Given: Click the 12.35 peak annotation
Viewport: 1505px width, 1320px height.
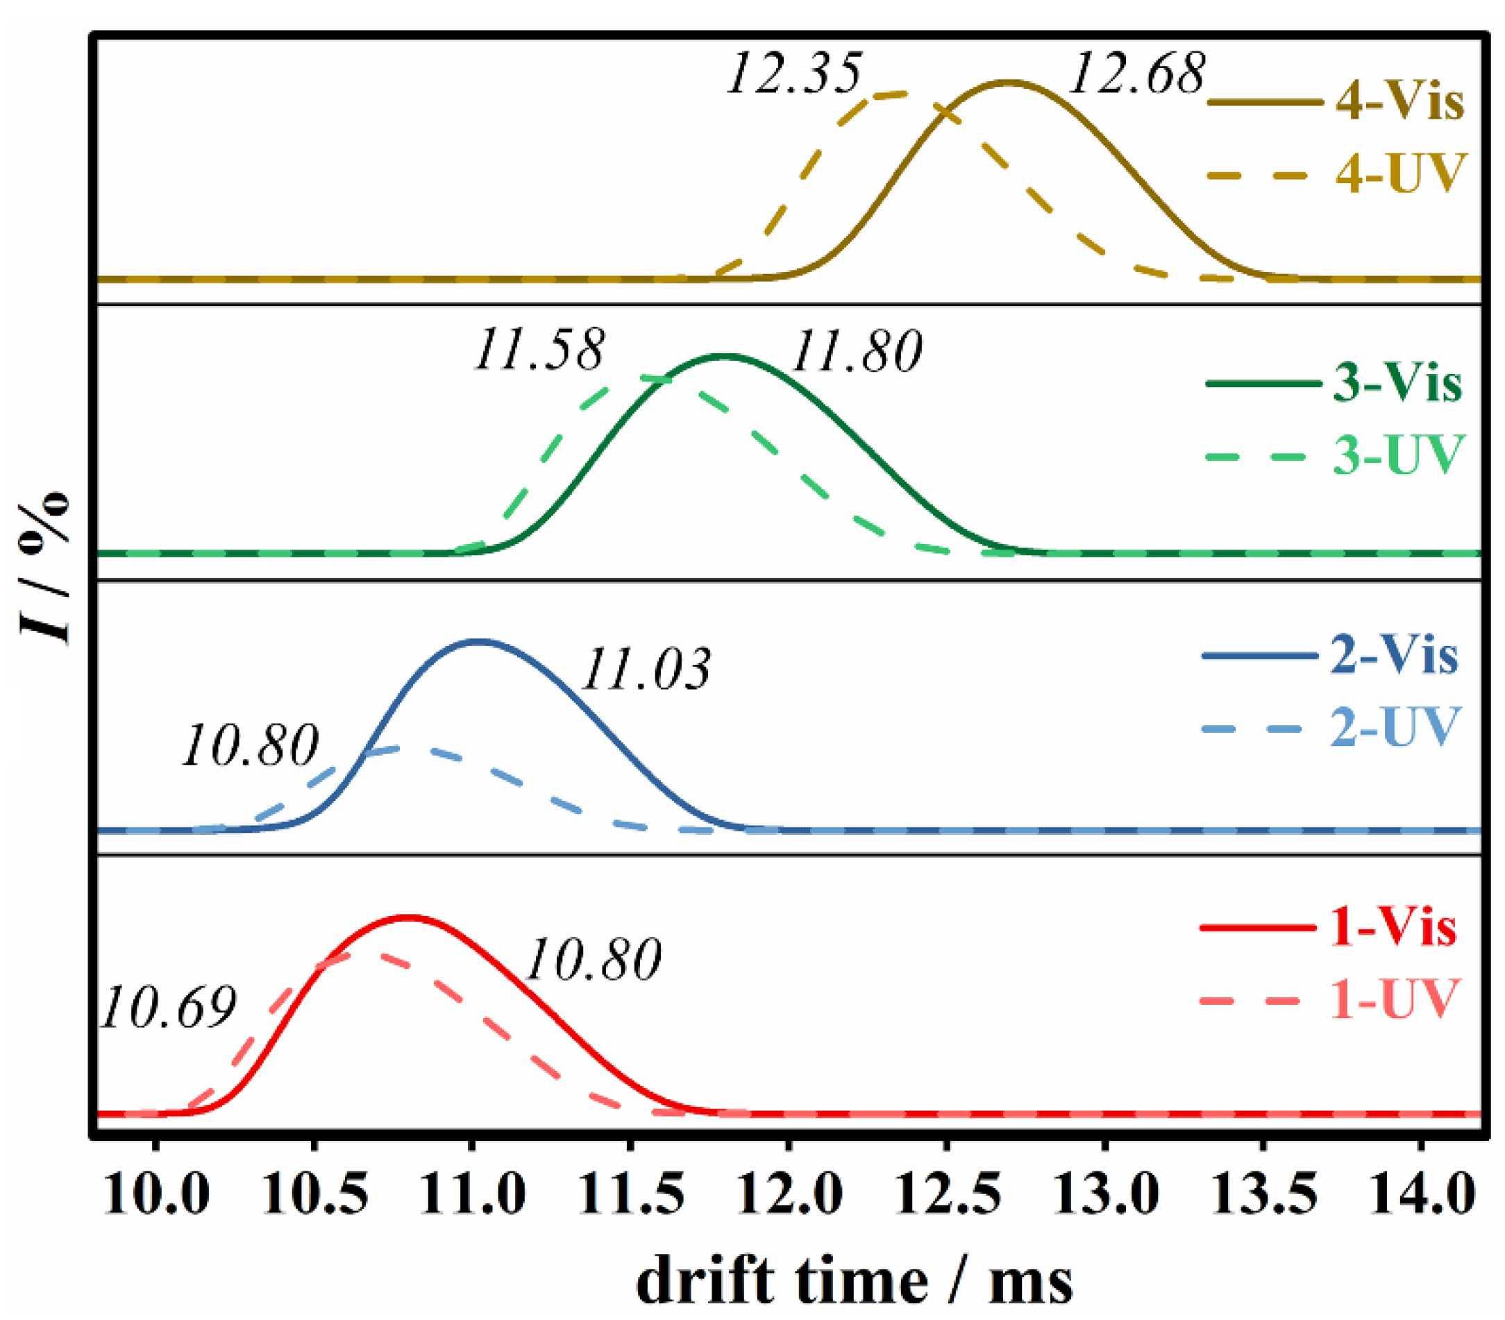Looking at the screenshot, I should (793, 74).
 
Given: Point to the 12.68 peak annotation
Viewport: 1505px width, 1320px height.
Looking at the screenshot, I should (1136, 74).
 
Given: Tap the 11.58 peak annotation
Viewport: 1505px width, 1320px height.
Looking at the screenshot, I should (539, 349).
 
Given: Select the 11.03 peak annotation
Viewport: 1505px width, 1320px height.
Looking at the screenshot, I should (646, 669).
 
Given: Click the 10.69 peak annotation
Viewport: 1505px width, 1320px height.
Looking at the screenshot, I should (169, 1007).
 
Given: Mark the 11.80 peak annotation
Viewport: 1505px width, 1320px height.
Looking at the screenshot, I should (855, 350).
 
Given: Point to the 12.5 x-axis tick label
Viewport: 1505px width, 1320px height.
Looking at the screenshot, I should (948, 1194).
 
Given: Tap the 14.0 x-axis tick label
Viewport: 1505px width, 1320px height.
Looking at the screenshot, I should (1422, 1194).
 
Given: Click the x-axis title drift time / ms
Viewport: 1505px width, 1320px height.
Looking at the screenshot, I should (854, 1282).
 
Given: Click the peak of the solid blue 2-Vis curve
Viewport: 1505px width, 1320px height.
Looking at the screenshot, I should (478, 641).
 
